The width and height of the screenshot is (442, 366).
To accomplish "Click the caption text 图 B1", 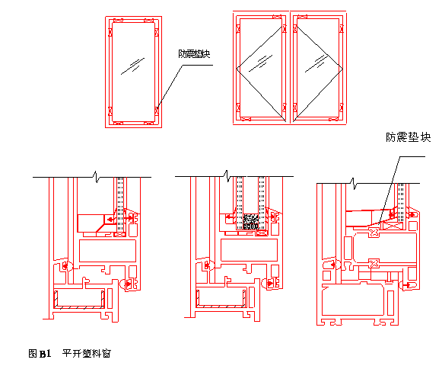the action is pos(40,353).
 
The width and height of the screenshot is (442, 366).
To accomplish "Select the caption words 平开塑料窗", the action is pos(87,353).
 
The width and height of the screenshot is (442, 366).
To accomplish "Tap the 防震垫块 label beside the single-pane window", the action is pos(195,53).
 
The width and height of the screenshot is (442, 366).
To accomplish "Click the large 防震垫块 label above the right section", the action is pos(409,137).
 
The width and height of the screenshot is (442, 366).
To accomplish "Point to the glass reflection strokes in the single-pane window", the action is pos(132,66).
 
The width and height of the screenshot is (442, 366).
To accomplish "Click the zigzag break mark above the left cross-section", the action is pos(96,177).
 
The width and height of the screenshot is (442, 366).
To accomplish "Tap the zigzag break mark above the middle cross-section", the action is pos(227,176).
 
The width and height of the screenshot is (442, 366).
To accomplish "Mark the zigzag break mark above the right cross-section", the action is pos(354,184).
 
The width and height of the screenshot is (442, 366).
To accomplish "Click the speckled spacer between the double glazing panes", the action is pos(250,222).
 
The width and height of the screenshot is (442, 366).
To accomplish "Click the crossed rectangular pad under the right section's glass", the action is pos(393,226).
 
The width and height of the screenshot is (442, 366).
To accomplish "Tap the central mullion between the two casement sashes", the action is pos(290,67).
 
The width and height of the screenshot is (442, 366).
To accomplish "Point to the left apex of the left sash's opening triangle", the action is pos(237,68).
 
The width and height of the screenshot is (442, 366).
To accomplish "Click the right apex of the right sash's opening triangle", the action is pos(342,69).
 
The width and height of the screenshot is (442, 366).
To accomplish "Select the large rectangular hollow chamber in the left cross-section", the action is pos(108,251).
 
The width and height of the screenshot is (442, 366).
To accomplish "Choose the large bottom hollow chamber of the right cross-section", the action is pos(353,300).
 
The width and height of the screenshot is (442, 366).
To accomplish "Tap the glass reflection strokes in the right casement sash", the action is pos(315,64).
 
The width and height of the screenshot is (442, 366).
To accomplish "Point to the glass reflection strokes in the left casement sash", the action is pos(261,63).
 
